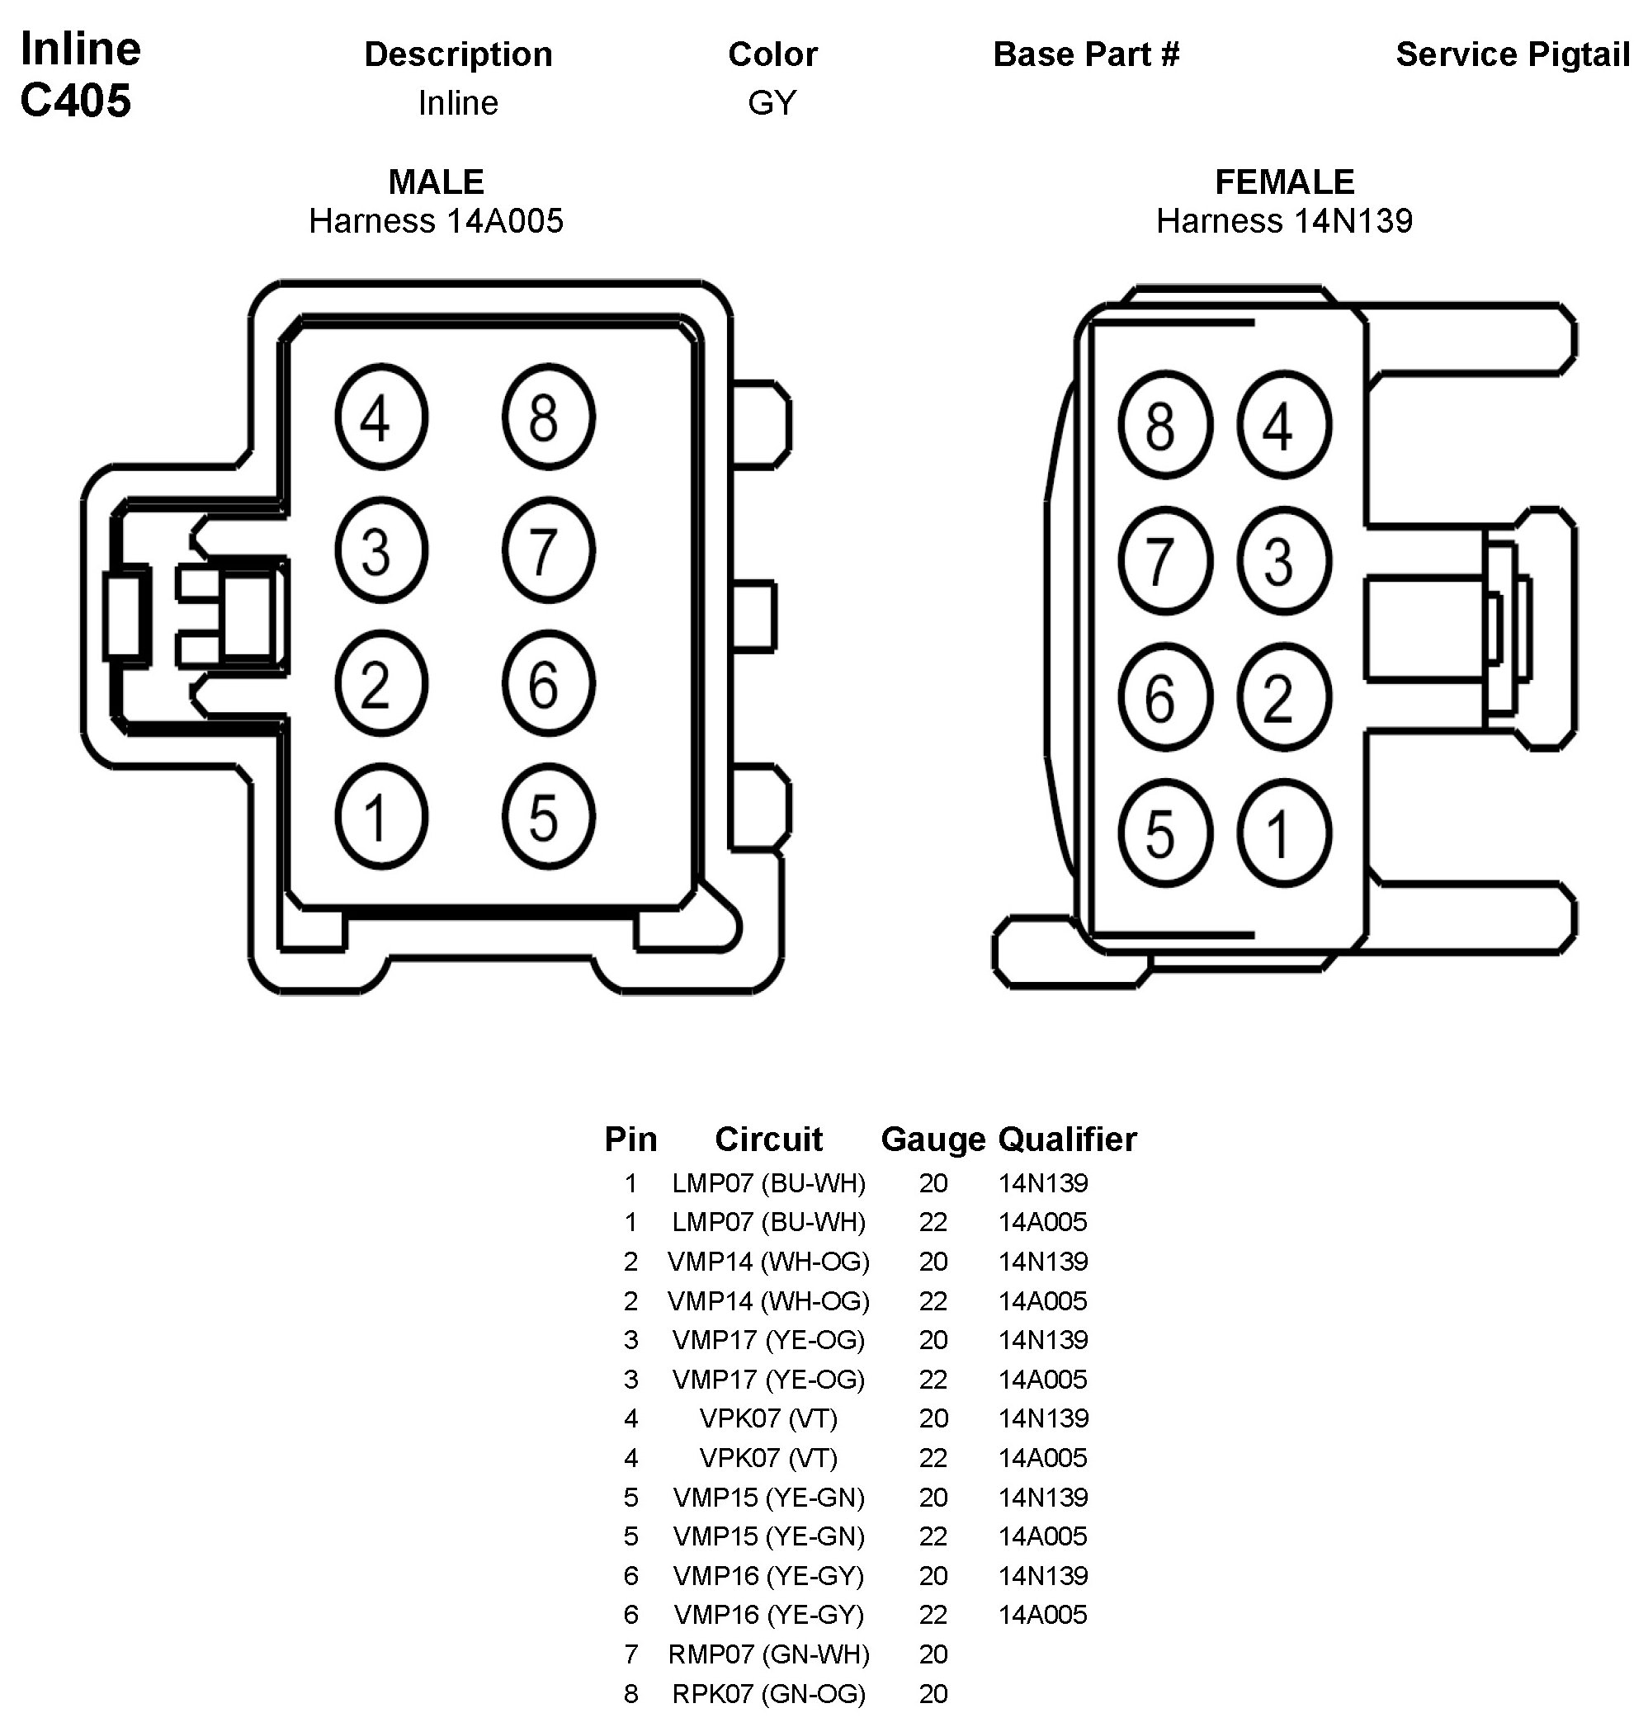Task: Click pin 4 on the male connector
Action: (x=380, y=417)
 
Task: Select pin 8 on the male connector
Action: (x=548, y=417)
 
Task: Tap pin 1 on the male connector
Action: (x=380, y=816)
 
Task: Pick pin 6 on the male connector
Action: (x=548, y=683)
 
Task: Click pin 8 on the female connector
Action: (x=1165, y=425)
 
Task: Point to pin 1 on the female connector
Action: (x=1283, y=833)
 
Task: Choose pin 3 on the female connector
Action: (x=1283, y=560)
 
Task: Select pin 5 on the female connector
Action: (x=1165, y=833)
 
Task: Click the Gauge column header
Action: (x=933, y=1140)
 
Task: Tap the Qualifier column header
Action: (x=1067, y=1140)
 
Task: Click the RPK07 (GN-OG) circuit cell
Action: (x=768, y=1692)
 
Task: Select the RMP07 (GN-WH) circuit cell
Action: (x=768, y=1654)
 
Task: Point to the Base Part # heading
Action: (x=1086, y=54)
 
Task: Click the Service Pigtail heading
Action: (x=1513, y=54)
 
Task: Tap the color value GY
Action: (x=772, y=103)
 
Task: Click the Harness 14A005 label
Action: (x=436, y=221)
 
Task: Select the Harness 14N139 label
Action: (x=1284, y=221)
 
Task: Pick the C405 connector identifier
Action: (x=76, y=100)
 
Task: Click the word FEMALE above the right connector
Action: (x=1284, y=182)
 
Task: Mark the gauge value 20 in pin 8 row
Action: (x=933, y=1692)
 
